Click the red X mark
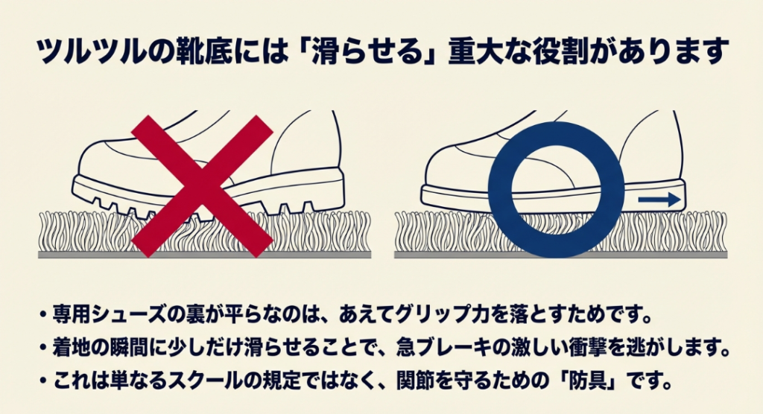tap(202, 186)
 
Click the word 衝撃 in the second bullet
tap(588, 347)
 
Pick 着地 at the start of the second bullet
tap(72, 347)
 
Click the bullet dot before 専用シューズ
tap(43, 315)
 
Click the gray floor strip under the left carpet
tap(204, 255)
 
